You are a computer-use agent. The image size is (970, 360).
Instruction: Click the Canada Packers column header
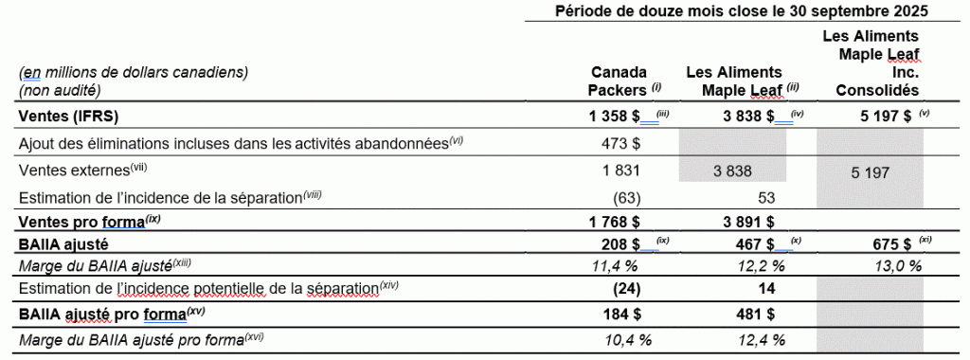619,81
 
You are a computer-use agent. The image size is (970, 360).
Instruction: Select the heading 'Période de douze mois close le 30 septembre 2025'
739,11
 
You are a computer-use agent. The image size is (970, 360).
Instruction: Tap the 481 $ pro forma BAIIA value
758,313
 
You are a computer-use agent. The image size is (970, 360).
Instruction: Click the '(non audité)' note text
60,90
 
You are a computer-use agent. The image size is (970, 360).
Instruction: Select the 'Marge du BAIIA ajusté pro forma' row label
133,339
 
